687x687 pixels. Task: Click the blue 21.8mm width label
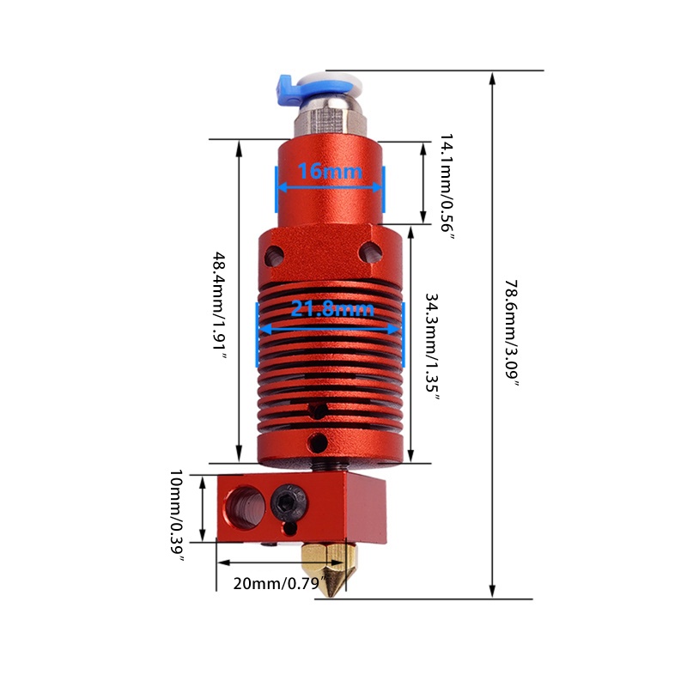point(331,308)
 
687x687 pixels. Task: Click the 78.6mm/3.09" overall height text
point(513,334)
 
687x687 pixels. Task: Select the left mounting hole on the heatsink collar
point(275,254)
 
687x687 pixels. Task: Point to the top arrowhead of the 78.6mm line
point(492,78)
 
